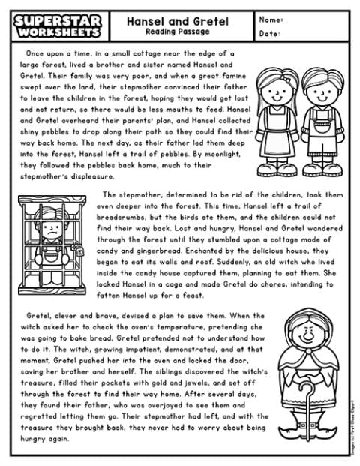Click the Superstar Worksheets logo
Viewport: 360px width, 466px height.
coord(54,25)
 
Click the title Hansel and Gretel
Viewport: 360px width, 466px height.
coord(178,18)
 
